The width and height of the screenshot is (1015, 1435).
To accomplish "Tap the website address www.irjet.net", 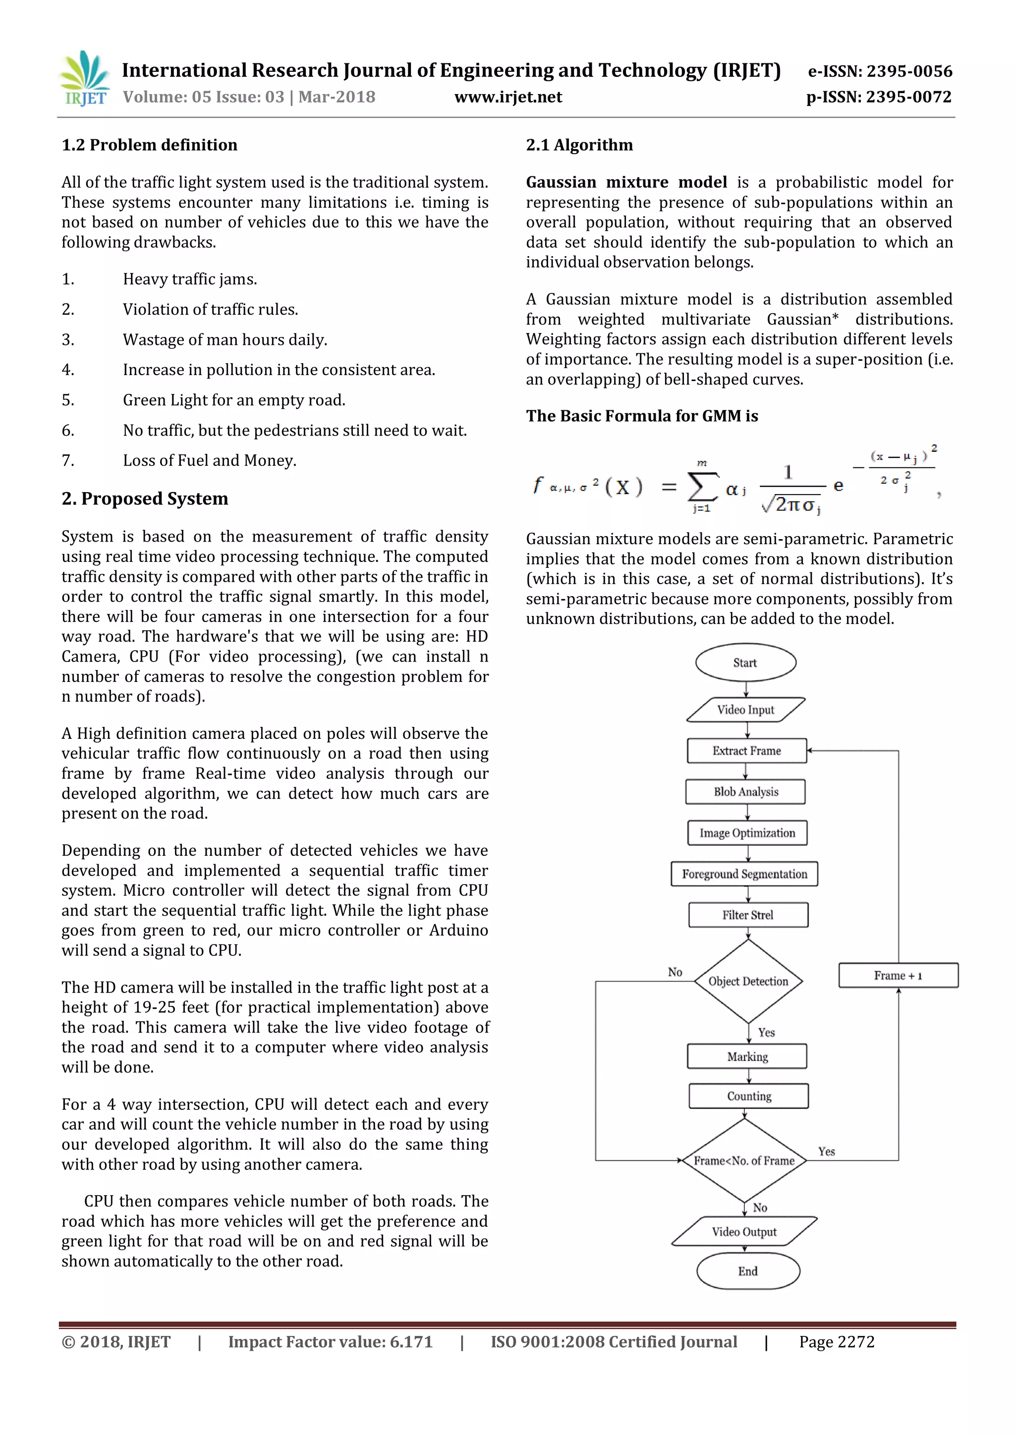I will tap(507, 98).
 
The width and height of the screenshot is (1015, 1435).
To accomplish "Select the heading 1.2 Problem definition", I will tap(149, 145).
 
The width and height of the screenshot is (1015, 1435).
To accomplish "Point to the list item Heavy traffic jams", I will tap(189, 279).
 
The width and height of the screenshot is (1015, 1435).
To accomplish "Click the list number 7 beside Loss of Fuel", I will tap(67, 461).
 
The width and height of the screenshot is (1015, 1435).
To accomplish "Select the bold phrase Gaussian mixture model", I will tap(626, 182).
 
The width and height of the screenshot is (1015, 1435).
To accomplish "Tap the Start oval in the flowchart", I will tap(745, 662).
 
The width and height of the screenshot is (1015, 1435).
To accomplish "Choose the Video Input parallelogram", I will tap(745, 710).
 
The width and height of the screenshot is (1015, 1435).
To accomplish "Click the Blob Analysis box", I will tap(745, 792).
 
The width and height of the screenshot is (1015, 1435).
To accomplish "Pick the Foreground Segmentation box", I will tap(744, 874).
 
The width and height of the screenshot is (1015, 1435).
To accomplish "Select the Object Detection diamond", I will tap(748, 981).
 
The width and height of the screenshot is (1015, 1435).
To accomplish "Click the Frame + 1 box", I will tap(898, 976).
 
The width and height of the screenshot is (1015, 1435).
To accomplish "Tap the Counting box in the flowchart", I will tap(749, 1096).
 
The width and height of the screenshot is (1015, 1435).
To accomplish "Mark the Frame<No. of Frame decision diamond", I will tap(744, 1160).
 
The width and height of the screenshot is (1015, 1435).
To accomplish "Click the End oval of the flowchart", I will tap(747, 1271).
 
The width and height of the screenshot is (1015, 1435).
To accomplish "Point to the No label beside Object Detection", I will tap(675, 972).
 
